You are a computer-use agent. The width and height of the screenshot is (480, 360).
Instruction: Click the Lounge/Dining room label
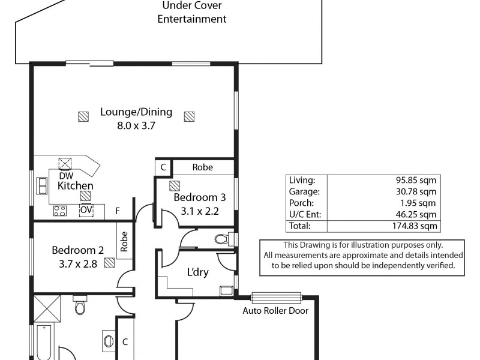coord(136,112)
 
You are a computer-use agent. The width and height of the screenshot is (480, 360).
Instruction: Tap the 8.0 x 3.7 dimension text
coord(136,126)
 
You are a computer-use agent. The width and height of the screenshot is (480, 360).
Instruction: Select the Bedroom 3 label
coord(200,197)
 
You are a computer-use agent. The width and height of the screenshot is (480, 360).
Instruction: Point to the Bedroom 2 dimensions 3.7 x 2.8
coord(78,264)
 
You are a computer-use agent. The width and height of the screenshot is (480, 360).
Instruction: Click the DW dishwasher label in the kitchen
coord(66,176)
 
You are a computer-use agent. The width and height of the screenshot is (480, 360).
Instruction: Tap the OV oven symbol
coord(86,210)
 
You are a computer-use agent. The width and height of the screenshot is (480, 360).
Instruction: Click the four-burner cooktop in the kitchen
coord(60,211)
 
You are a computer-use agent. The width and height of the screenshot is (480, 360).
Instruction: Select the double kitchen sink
coord(42,185)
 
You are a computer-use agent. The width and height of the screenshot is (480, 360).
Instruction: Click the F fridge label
coord(118,211)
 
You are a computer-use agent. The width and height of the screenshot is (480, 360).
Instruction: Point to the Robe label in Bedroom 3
coord(203,167)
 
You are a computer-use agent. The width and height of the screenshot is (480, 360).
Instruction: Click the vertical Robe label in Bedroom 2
coord(124,242)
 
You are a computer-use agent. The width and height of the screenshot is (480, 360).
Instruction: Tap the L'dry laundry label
coord(198,272)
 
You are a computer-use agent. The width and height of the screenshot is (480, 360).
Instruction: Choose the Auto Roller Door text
coord(275,311)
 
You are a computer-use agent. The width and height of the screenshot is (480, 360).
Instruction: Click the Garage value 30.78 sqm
coord(416,191)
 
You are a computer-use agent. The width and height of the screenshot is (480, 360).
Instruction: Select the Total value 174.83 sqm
coord(415,226)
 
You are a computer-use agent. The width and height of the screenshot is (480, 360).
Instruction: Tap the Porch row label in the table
coord(302,203)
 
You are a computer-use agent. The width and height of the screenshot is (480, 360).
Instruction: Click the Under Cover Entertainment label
coord(192,12)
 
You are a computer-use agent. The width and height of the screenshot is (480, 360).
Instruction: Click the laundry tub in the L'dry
coord(227,291)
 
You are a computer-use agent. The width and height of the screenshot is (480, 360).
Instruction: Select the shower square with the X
coord(47,308)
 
